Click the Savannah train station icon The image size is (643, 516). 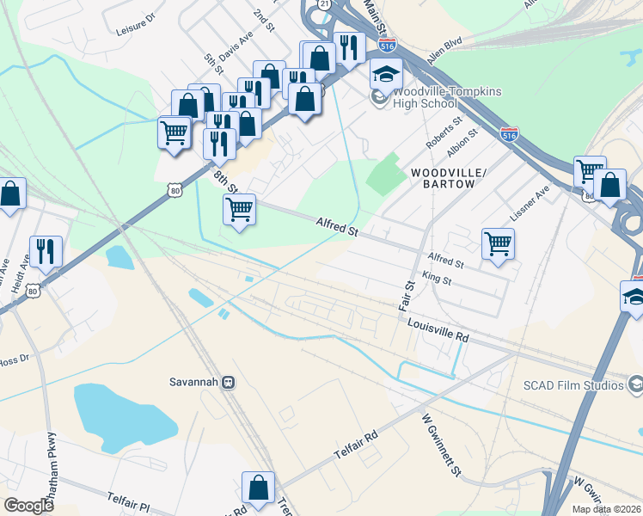tap(228, 382)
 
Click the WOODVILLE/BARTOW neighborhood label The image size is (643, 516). tap(448, 178)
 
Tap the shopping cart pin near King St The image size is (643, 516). tap(498, 244)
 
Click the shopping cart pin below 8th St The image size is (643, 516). tap(239, 208)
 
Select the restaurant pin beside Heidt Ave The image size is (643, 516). tap(46, 251)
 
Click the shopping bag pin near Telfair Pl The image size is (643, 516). tap(258, 488)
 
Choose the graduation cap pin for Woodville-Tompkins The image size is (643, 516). tap(386, 75)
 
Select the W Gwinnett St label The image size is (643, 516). tap(441, 445)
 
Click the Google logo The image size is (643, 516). tap(28, 505)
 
